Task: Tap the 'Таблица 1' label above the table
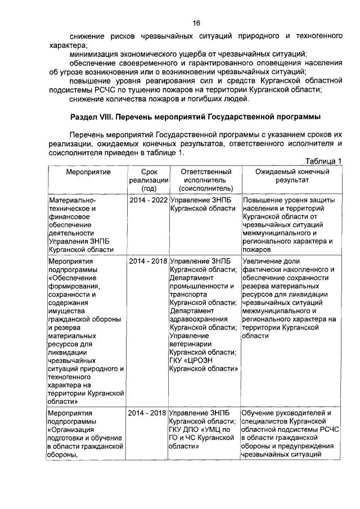pos(324,161)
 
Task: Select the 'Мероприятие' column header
pos(87,171)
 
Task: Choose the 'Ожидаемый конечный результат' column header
pos(291,175)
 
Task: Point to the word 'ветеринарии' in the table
pos(192,344)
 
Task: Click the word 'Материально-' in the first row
pos(73,200)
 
